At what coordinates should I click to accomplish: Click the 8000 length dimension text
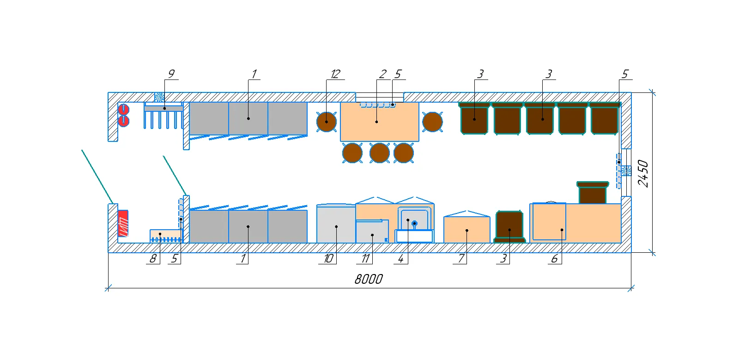point(369,280)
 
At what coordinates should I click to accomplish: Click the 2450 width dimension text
point(643,174)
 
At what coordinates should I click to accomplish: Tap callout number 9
point(171,74)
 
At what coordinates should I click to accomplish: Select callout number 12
point(335,74)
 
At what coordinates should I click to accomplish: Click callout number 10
point(328,258)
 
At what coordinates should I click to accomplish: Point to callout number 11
point(365,258)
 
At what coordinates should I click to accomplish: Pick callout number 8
point(153,258)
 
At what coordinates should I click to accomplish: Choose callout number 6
point(555,258)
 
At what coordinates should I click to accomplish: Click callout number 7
point(461,258)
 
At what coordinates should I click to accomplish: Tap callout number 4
point(400,258)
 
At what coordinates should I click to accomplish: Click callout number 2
point(383,74)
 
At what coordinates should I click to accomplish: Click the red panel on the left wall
point(123,223)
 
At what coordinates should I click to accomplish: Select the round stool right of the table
point(432,122)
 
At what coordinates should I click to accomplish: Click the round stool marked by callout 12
point(327,122)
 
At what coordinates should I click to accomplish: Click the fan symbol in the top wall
point(159,97)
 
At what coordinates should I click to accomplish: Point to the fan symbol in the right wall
point(626,171)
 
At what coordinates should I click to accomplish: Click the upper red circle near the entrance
point(124,109)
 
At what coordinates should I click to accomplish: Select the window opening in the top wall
point(380,98)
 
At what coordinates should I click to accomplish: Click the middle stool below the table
point(379,153)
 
